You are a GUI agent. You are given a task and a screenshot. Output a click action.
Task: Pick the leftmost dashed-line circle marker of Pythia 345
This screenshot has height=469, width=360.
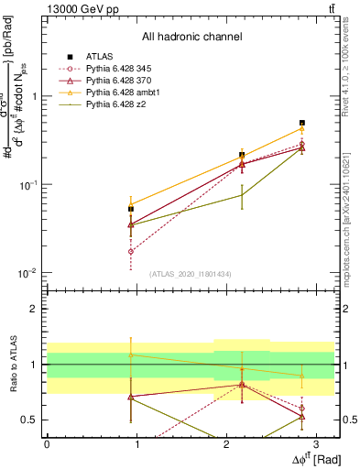point(131,251)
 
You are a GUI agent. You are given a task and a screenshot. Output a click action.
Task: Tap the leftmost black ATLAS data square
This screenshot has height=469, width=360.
point(131,209)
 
